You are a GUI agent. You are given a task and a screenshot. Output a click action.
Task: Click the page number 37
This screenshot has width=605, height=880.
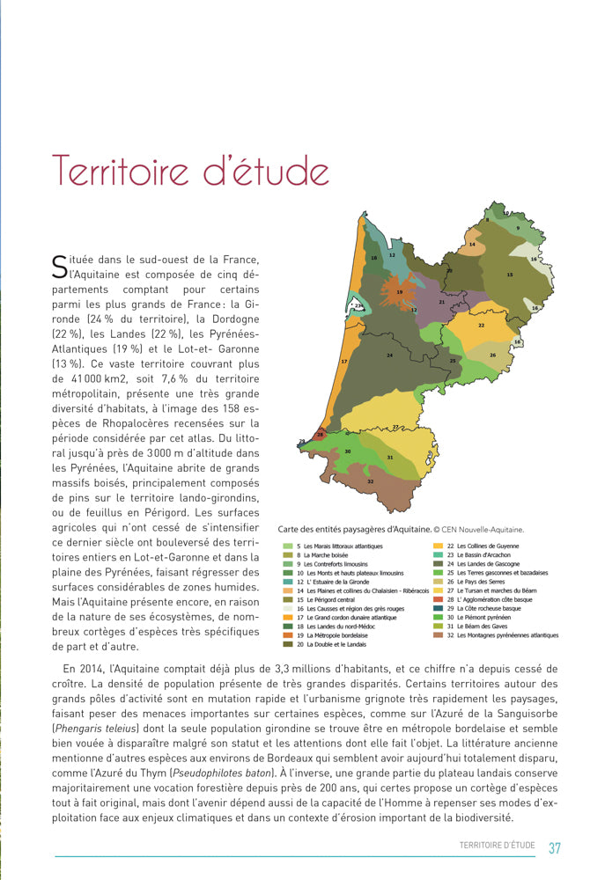click(x=554, y=848)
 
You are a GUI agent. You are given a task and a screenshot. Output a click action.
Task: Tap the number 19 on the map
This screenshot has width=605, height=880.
click(x=400, y=291)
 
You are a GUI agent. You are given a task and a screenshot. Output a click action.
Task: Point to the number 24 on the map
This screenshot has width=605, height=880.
click(x=388, y=356)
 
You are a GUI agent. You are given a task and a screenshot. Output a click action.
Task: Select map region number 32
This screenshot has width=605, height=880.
click(x=370, y=481)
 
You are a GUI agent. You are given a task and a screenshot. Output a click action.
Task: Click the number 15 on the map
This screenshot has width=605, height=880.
click(x=509, y=275)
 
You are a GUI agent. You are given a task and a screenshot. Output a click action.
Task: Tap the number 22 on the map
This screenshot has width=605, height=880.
click(x=481, y=325)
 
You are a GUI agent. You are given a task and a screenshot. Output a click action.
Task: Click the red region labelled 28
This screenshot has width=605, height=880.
click(x=321, y=435)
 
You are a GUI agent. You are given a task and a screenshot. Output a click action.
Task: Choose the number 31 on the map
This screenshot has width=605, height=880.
click(x=389, y=458)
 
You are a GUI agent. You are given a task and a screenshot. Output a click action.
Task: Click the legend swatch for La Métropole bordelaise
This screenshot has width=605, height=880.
click(x=288, y=634)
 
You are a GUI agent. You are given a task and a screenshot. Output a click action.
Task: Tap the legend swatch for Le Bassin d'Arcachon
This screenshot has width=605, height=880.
click(x=439, y=555)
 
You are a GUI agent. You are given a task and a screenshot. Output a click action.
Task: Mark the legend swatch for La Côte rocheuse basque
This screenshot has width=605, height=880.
click(x=439, y=608)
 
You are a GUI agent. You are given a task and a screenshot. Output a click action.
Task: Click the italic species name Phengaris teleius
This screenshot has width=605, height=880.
click(x=95, y=728)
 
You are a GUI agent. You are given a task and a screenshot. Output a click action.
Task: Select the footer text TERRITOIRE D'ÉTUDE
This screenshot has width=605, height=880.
click(x=497, y=846)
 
